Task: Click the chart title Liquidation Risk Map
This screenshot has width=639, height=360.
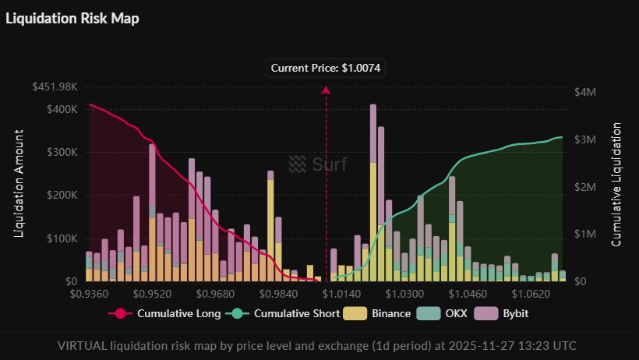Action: (x=72, y=19)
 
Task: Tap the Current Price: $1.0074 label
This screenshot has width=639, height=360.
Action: (x=326, y=68)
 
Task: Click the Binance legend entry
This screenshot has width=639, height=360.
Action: (x=382, y=313)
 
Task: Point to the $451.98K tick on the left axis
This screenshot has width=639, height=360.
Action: (x=55, y=86)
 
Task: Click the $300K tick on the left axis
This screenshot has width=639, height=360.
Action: (x=61, y=152)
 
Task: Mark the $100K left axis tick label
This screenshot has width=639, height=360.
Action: (x=61, y=238)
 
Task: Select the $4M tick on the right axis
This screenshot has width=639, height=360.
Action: (x=584, y=92)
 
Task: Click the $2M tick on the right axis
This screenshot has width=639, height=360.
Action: (x=584, y=187)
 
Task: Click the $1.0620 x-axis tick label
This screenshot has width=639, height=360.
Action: (x=534, y=295)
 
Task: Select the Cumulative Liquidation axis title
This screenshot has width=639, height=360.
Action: (x=616, y=184)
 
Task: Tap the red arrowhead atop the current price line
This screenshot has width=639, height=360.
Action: (x=326, y=90)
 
